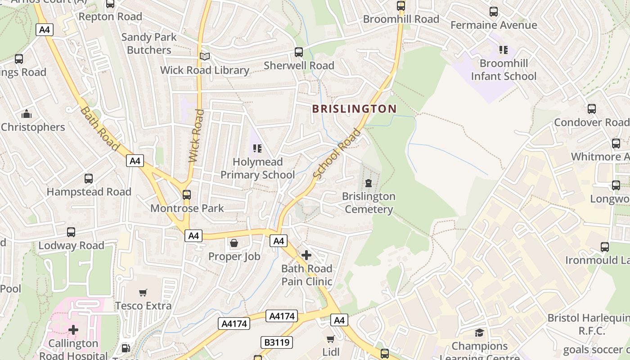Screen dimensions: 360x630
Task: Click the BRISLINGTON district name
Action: point(354,109)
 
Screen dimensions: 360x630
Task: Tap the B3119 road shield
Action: point(276,342)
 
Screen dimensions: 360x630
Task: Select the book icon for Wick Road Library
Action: point(205,57)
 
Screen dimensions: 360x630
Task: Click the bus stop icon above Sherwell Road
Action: point(299,52)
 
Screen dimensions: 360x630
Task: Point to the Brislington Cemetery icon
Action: point(369,183)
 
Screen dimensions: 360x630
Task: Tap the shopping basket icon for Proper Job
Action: point(234,243)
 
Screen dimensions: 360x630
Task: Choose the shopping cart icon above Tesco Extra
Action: point(143,293)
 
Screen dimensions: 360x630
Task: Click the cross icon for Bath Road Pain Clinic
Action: point(306,256)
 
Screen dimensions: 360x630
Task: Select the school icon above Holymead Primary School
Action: point(257,148)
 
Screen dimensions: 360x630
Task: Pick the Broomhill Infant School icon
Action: point(503,50)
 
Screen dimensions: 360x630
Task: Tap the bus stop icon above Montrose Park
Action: point(187,195)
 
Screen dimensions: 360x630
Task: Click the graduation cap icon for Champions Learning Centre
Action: point(479,333)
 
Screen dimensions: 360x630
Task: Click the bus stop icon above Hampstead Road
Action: point(89,179)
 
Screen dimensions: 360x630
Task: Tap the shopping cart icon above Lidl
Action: point(331,339)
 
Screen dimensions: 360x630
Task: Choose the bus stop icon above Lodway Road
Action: point(71,232)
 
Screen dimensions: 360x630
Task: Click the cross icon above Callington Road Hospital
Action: point(73,330)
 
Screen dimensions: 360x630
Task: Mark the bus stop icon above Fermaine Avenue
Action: point(494,12)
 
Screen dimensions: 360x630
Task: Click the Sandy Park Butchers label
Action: point(149,44)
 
